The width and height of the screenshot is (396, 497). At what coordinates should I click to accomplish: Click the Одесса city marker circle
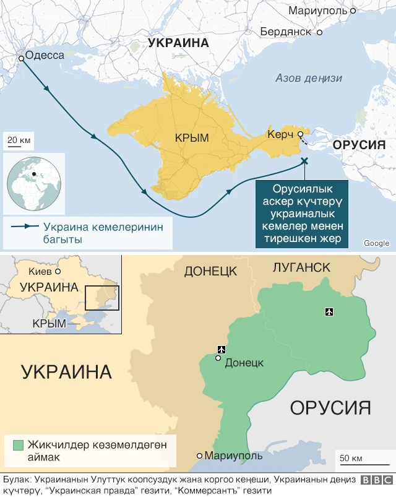point(22,58)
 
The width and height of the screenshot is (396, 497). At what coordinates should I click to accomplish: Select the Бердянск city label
point(285,31)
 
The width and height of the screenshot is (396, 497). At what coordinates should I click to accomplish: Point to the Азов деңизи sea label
point(309,78)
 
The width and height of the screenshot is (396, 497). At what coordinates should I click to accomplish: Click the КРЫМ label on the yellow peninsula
point(191,138)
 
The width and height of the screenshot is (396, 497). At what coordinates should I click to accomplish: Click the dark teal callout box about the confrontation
point(301,214)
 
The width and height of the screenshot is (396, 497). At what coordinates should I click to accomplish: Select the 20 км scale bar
point(19,142)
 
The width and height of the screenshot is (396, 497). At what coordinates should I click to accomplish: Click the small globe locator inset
point(34,183)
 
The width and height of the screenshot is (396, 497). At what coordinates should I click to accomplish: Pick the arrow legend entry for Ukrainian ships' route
point(87,233)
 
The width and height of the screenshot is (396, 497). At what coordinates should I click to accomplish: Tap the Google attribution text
point(376,243)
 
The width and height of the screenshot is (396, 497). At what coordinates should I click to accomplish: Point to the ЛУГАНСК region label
point(301,267)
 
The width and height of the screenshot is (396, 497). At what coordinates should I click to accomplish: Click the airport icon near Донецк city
point(221,350)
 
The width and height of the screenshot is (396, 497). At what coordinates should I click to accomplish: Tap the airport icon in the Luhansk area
point(328,311)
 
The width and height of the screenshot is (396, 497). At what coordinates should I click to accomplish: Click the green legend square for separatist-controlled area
point(18,445)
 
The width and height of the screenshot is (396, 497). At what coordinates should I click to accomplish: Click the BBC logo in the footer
point(376,480)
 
